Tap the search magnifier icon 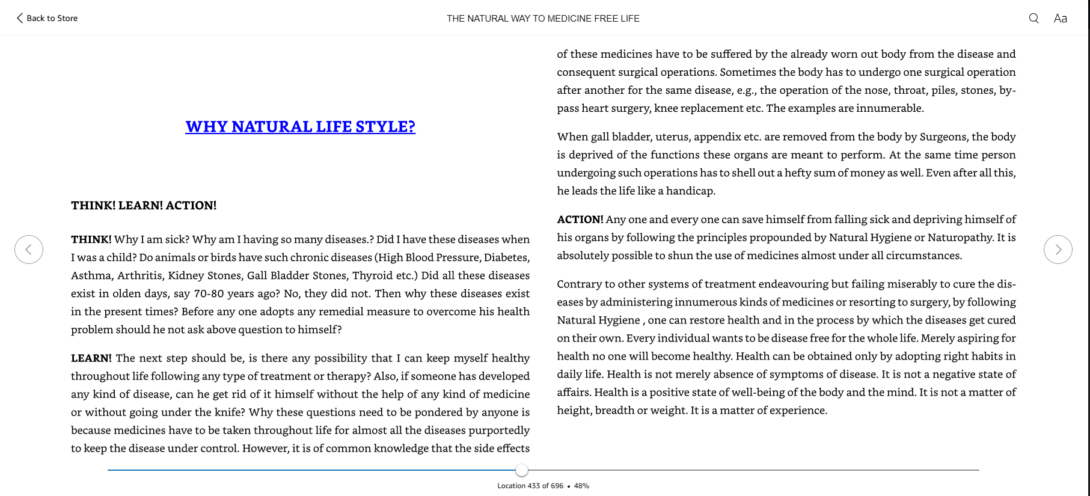[1033, 18]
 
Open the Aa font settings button [1060, 18]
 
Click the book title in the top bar [543, 19]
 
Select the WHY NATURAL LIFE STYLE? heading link [300, 127]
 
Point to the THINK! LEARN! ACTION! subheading [144, 206]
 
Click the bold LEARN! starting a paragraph [91, 358]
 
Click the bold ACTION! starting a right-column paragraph [580, 219]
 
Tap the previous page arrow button [29, 250]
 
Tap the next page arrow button [1058, 250]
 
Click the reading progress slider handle [522, 470]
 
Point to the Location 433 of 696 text [530, 486]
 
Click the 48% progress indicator [581, 486]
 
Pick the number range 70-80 [209, 293]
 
